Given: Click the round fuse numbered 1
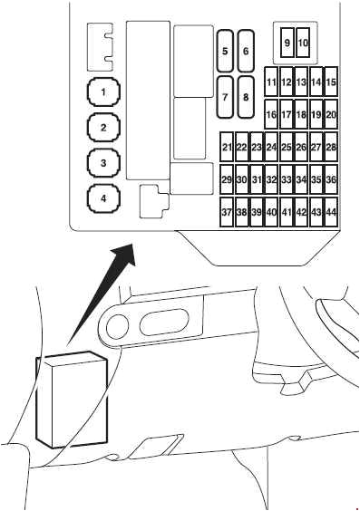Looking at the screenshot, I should (x=104, y=92).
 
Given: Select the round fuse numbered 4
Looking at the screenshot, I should (x=104, y=198).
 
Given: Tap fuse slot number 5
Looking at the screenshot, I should (x=225, y=52).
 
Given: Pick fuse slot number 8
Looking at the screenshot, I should (x=245, y=95).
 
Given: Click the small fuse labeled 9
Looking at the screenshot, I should (x=287, y=43).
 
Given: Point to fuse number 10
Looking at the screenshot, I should (x=304, y=43).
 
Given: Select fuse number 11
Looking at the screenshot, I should (x=271, y=83).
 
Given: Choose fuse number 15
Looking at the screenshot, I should (x=331, y=83).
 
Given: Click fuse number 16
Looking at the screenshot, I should (x=271, y=115).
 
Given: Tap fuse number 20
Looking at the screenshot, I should (x=331, y=115).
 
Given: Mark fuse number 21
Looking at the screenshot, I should (x=227, y=147).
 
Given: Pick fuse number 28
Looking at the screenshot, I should (x=331, y=147).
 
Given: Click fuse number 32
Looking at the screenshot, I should (x=271, y=180).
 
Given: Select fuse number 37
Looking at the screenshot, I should (x=227, y=212).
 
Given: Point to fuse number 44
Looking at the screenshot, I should (x=331, y=212).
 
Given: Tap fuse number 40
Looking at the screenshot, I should (x=271, y=212).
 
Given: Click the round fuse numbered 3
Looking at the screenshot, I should (x=104, y=163).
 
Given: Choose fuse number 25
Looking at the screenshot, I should (x=286, y=147).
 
